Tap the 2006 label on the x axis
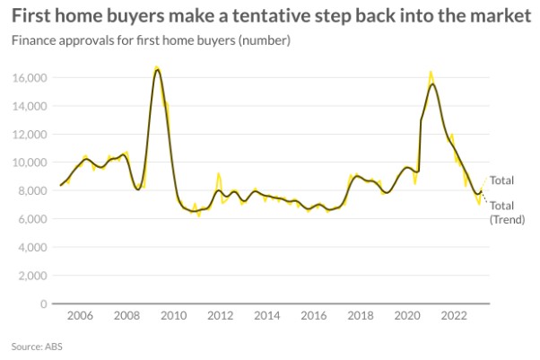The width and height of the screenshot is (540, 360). click(x=79, y=316)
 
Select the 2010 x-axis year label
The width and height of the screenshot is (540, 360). click(x=172, y=316)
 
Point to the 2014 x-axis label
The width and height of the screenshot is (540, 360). click(x=266, y=316)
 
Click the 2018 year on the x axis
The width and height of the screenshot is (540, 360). click(x=360, y=316)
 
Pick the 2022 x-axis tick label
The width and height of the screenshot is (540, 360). click(x=453, y=316)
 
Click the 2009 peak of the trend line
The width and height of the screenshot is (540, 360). click(x=157, y=70)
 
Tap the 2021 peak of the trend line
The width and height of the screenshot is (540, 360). click(x=432, y=84)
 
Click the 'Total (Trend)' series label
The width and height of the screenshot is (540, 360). click(x=501, y=212)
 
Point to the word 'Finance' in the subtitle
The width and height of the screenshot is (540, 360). click(x=32, y=40)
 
